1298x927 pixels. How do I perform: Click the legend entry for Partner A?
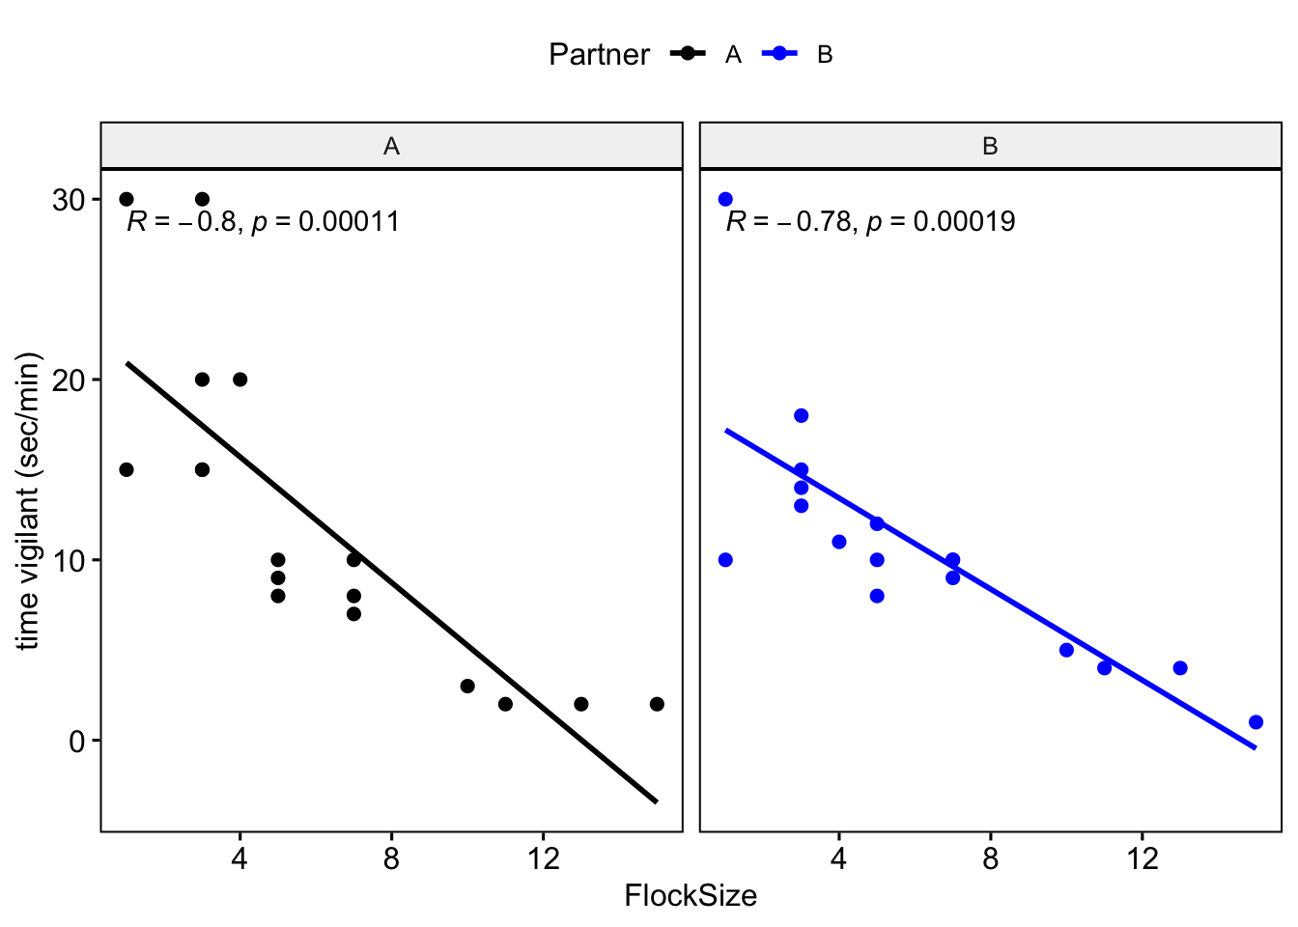coord(706,54)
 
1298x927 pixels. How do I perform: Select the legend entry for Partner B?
coord(798,54)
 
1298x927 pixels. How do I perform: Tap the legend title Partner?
coord(599,54)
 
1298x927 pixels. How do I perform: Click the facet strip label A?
coord(391,146)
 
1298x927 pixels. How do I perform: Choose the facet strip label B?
coord(990,146)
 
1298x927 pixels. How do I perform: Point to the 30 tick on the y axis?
coord(70,200)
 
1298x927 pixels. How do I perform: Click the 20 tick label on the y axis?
coord(70,379)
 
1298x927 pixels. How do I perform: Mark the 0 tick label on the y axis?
coord(77,741)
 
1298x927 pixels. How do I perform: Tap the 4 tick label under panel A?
coord(240,858)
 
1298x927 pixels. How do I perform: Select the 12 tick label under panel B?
coord(1143,858)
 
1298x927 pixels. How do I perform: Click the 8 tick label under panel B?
coord(991,858)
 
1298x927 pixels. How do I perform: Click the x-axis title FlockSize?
coord(691,896)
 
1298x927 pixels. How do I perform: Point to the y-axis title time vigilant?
coord(29,501)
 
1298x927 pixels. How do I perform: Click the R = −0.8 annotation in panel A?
coord(182,222)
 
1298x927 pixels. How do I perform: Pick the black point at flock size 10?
coord(467,686)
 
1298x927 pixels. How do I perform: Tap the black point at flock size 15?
coord(657,704)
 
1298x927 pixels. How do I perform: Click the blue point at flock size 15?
coord(1256,722)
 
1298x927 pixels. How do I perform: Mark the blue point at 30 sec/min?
coord(725,199)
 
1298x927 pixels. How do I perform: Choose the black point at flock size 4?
coord(240,379)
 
